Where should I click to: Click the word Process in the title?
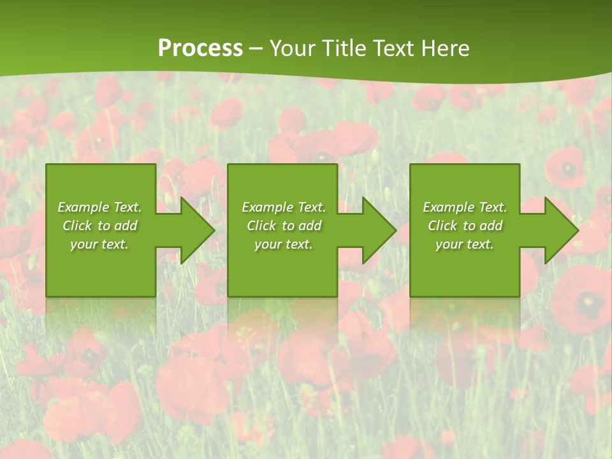point(200,48)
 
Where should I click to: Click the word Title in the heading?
point(345,48)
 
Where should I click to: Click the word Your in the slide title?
point(293,48)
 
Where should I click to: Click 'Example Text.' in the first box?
point(99,207)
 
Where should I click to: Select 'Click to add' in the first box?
point(99,226)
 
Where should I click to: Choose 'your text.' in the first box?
point(99,244)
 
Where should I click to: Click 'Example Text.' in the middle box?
point(284,207)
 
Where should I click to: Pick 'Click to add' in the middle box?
point(284,226)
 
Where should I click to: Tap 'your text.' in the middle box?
point(284,244)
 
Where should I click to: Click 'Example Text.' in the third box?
point(465,207)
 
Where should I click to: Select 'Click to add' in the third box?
point(465,226)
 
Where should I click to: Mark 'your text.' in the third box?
point(465,244)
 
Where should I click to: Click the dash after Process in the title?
point(256,49)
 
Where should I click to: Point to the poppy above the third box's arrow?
point(565,170)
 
